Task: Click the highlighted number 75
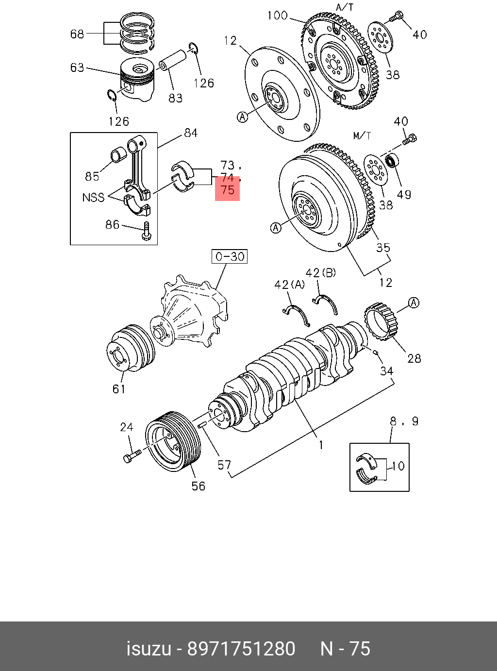click(228, 190)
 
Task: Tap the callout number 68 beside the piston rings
click(77, 34)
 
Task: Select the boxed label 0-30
click(230, 256)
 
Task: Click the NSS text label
click(93, 198)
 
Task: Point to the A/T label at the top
click(345, 7)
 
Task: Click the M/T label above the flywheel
click(362, 136)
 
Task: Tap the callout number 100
click(278, 16)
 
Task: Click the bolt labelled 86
click(147, 231)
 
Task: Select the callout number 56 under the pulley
click(199, 486)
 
